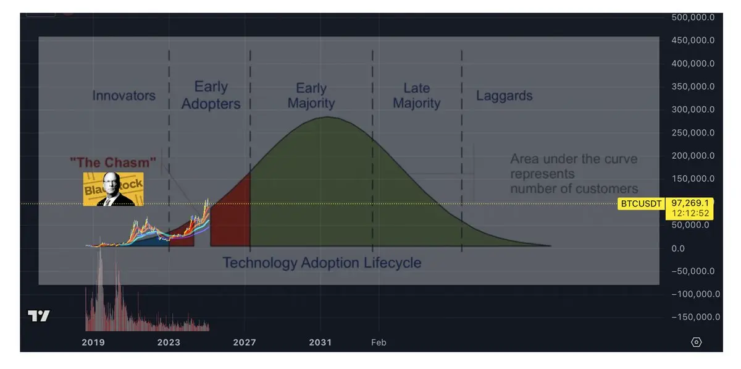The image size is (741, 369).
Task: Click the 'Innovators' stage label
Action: tap(124, 95)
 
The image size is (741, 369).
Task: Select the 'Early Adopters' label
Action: tap(211, 95)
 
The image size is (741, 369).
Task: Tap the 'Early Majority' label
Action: tap(311, 95)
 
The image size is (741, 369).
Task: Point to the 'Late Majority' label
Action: tap(416, 95)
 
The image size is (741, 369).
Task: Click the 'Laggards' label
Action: tap(504, 96)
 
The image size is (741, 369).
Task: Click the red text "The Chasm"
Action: tap(113, 163)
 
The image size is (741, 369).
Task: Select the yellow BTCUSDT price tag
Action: tap(641, 204)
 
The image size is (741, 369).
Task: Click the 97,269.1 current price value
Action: tap(690, 203)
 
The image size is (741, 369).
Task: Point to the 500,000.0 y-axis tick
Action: tap(693, 17)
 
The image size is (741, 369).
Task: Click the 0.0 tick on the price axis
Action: tap(678, 248)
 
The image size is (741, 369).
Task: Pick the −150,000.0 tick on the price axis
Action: tap(696, 317)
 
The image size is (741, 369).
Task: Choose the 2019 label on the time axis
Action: tap(93, 342)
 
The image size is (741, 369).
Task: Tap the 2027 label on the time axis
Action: tap(245, 342)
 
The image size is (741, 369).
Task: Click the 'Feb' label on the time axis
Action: tap(379, 342)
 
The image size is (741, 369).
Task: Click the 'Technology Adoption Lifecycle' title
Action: tap(322, 263)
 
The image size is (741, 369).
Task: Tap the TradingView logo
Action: tap(39, 316)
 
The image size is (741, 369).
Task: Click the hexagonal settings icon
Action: tap(696, 342)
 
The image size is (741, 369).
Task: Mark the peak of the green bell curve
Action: tap(327, 117)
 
